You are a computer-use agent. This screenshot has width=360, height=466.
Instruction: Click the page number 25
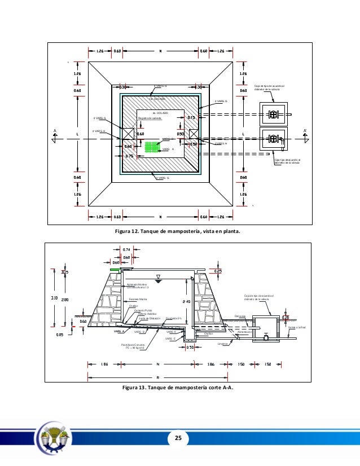180,438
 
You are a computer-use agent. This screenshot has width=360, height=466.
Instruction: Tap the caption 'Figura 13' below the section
141,388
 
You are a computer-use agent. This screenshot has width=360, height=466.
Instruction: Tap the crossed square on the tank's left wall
128,134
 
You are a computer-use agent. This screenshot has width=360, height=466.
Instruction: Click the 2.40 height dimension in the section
187,301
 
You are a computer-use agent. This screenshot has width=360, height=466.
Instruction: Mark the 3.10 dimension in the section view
54,297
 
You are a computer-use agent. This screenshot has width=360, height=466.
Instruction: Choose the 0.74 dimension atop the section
127,249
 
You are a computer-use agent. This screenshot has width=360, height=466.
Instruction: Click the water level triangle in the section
159,278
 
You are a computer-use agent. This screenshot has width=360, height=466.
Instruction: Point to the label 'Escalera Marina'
138,299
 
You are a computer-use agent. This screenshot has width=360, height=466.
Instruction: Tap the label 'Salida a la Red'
296,327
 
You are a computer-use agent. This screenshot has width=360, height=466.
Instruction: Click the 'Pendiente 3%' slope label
173,319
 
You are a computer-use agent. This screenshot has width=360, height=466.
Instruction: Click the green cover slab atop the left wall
115,271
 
